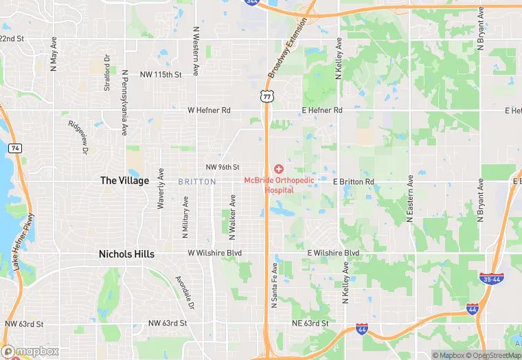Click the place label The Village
click(124, 181)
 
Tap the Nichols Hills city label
click(126, 254)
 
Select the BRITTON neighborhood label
click(196, 182)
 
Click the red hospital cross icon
click(279, 168)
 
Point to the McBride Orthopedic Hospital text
click(280, 185)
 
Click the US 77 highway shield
click(266, 96)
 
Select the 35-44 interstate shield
click(491, 278)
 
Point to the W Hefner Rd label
click(209, 110)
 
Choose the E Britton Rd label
click(353, 182)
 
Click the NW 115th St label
click(160, 74)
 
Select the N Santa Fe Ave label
click(273, 284)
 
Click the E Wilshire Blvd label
click(333, 254)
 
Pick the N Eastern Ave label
click(410, 199)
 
